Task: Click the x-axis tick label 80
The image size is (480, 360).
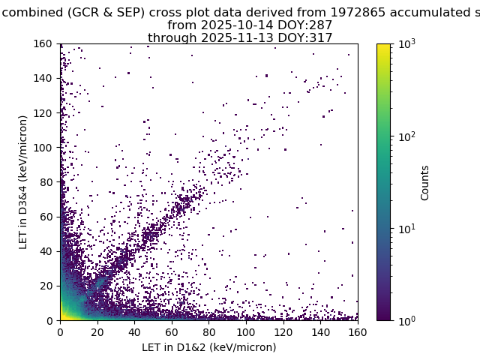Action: click(208, 332)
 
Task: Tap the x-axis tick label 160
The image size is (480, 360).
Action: click(357, 332)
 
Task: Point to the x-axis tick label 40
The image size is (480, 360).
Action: click(134, 332)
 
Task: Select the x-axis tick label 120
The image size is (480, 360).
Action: click(283, 332)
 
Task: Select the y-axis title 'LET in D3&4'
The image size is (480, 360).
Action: click(23, 182)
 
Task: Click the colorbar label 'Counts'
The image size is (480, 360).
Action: click(425, 182)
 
